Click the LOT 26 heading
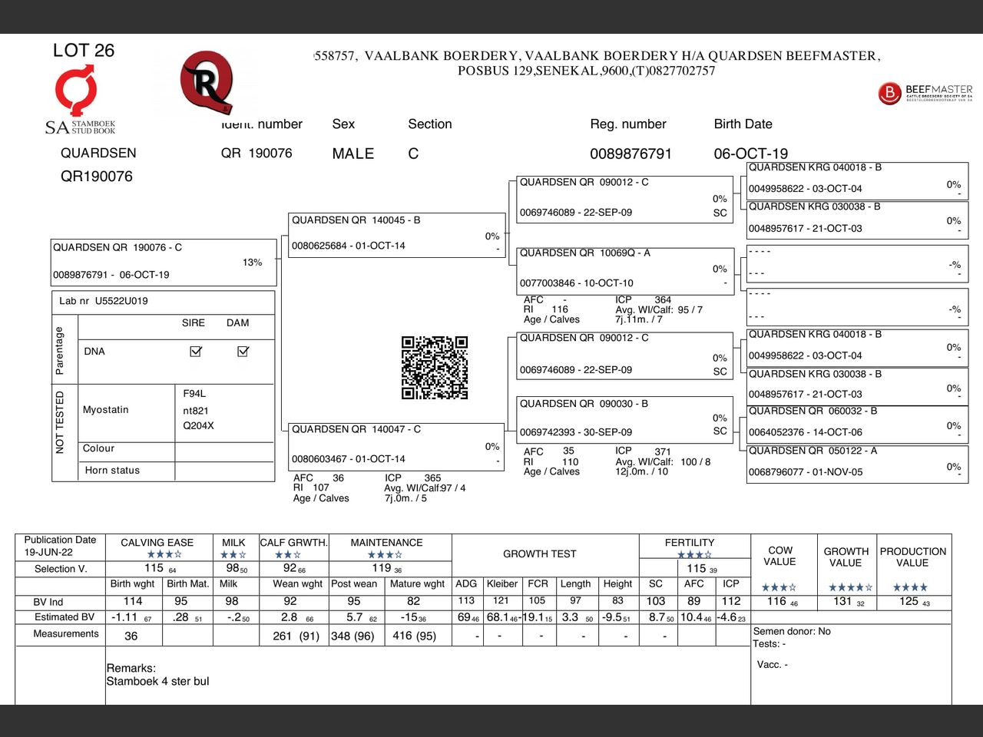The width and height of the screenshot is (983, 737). (83, 51)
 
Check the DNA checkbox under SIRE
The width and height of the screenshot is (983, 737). (196, 351)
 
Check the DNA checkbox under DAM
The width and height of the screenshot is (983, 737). (243, 351)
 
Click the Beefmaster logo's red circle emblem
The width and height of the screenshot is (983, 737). (889, 93)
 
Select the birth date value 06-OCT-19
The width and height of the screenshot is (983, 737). (750, 154)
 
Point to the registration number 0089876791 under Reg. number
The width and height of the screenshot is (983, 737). (631, 154)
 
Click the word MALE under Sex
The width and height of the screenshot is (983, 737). (352, 154)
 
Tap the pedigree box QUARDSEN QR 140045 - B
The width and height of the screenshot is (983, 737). (395, 233)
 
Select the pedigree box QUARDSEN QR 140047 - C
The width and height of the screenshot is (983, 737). (395, 445)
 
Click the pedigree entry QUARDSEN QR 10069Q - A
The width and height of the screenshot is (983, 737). (624, 268)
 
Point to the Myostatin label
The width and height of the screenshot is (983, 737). (106, 410)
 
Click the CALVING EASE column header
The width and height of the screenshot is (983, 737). (157, 543)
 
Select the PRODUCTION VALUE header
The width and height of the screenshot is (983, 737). (912, 557)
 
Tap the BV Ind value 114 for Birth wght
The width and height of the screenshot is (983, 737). (133, 601)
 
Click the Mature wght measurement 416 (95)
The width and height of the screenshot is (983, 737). (415, 636)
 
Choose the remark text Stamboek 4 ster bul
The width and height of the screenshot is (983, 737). (157, 681)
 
